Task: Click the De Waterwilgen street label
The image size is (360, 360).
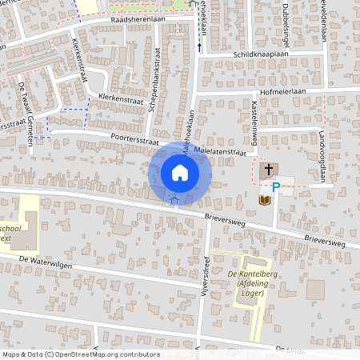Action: (46, 261)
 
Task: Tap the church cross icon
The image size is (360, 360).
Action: (269, 169)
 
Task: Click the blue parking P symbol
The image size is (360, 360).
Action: (276, 188)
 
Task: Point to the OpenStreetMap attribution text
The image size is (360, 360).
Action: (81, 354)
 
